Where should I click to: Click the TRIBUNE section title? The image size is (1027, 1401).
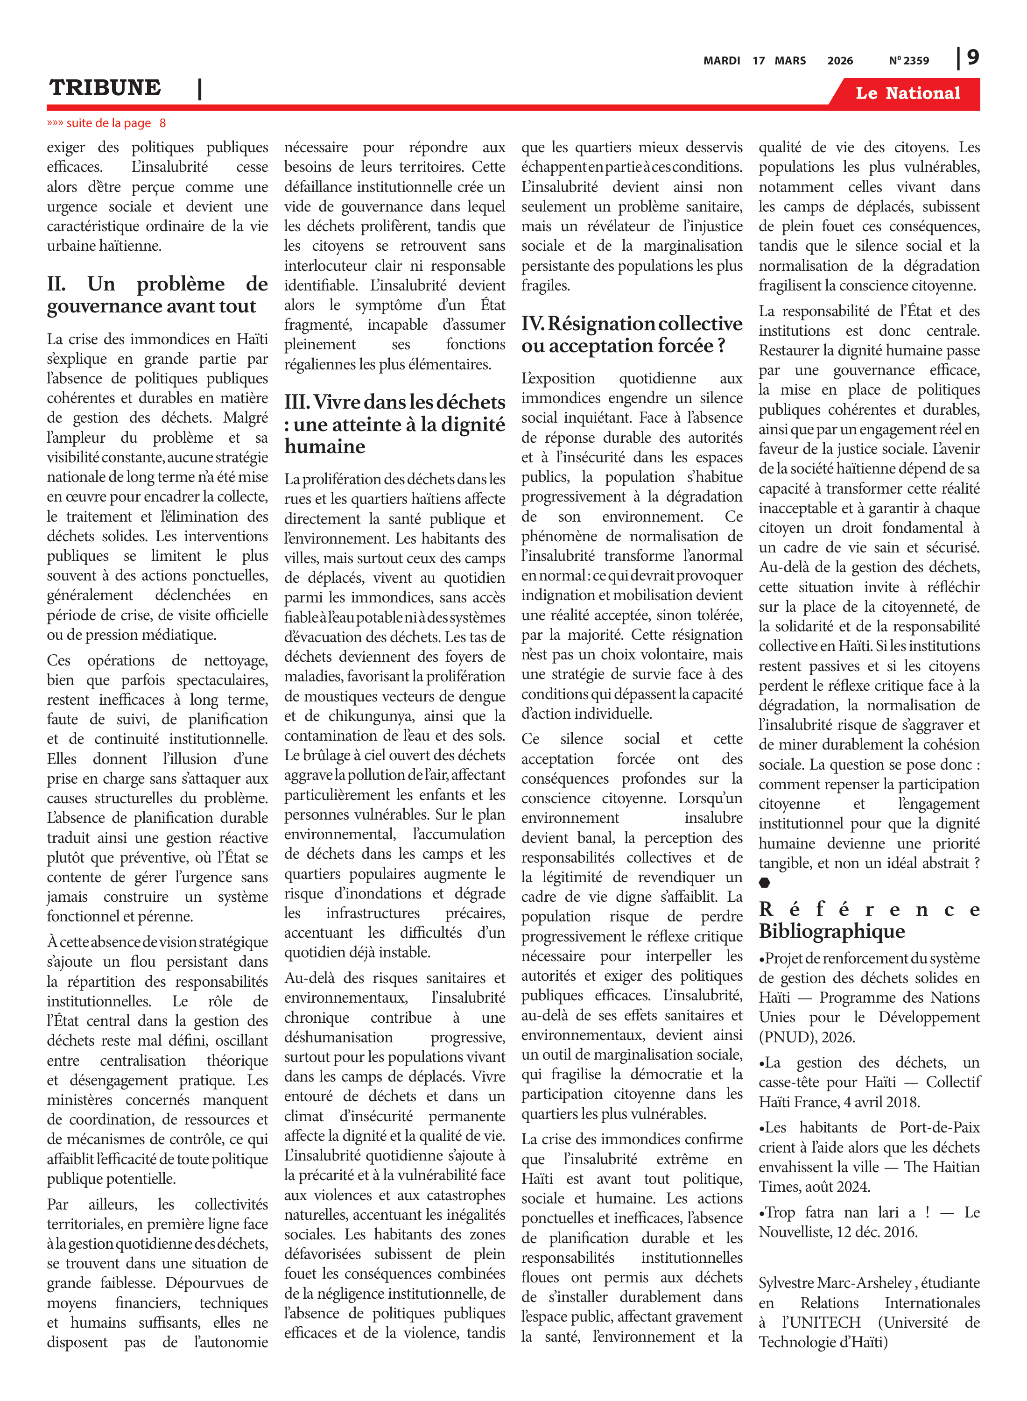(x=105, y=88)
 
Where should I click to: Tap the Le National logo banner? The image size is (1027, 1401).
(x=907, y=93)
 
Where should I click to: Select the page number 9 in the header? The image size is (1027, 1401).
(x=973, y=58)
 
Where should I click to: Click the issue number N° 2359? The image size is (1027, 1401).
(x=908, y=61)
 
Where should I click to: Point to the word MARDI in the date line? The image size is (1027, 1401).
(x=721, y=61)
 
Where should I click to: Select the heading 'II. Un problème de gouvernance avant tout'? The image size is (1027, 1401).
(x=157, y=295)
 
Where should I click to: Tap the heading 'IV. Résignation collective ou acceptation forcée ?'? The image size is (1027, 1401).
(x=631, y=334)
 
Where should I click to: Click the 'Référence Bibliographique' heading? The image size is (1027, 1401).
(x=868, y=920)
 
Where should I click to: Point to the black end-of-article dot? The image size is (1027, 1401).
(x=764, y=882)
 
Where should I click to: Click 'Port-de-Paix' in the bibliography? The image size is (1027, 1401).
(x=939, y=1127)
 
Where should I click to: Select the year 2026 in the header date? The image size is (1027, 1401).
(x=840, y=61)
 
